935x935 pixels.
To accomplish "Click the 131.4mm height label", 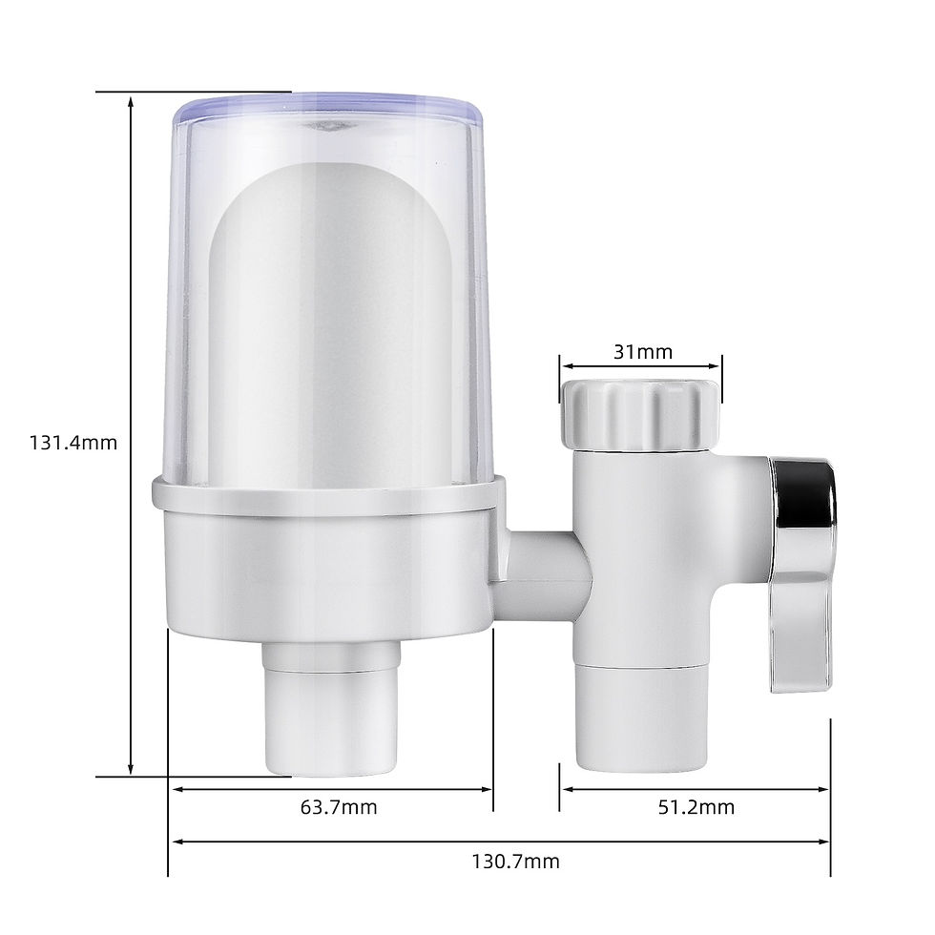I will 73,443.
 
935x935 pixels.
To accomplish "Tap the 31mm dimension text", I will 642,352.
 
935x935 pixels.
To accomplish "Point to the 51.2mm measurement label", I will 696,808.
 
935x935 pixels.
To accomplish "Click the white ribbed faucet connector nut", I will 636,412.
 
